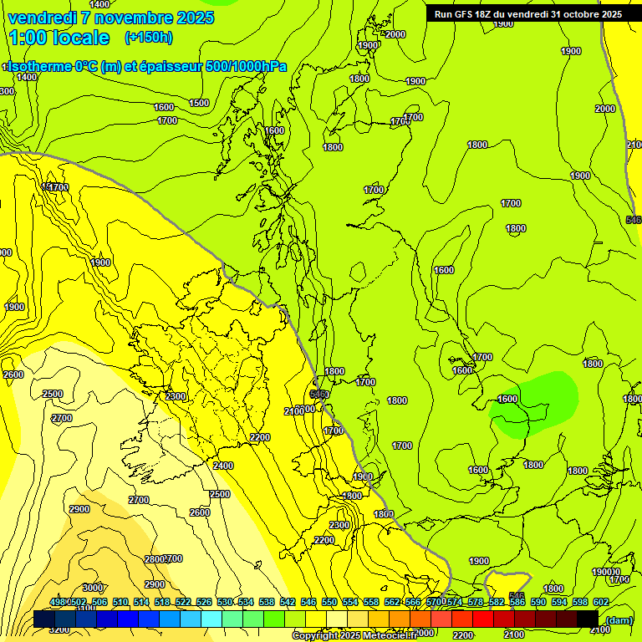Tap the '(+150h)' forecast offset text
pos(148,38)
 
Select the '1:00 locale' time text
pos(59,38)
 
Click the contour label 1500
pos(199,103)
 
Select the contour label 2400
pos(223,466)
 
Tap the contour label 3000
pos(93,588)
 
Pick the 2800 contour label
pos(154,558)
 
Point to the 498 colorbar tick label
pos(58,603)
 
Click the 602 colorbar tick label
pos(601,603)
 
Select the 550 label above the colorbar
pos(329,603)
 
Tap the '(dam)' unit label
pos(619,619)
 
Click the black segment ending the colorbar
pos(588,619)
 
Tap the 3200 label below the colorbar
pos(59,630)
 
